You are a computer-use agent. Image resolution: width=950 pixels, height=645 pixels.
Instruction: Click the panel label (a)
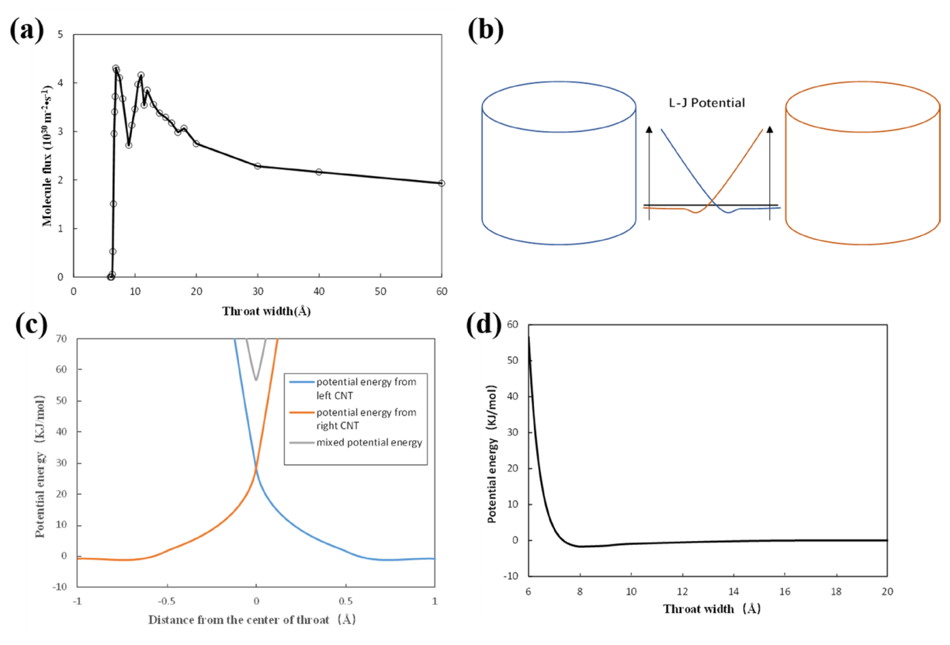pos(27,30)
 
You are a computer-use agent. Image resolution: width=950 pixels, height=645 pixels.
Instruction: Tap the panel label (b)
pos(486,30)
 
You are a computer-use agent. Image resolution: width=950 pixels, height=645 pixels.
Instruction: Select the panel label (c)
pos(31,325)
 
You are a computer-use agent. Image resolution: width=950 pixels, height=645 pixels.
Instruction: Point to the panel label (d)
pos(484,325)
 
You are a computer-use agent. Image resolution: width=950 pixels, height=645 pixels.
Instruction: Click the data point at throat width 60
pos(442,183)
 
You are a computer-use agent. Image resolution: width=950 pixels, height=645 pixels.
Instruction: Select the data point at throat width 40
pos(319,172)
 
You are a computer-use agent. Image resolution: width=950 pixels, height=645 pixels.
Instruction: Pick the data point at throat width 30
pos(258,166)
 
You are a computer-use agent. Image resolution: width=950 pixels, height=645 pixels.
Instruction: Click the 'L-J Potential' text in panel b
pos(706,103)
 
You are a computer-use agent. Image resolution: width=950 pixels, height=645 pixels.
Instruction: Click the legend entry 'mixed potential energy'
pos(355,442)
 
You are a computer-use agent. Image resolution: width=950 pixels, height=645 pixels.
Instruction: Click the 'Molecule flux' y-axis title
pos(47,156)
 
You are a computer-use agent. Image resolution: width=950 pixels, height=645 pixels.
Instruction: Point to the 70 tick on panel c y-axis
pos(61,338)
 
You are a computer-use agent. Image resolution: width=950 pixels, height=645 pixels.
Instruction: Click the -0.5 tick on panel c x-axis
pos(167,602)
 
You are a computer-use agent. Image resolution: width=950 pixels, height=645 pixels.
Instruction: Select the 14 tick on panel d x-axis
pos(733,591)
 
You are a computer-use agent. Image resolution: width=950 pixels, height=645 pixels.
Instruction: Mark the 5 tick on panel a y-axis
pos(61,34)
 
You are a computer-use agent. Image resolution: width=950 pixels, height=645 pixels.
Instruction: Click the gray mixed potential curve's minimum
pos(256,380)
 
